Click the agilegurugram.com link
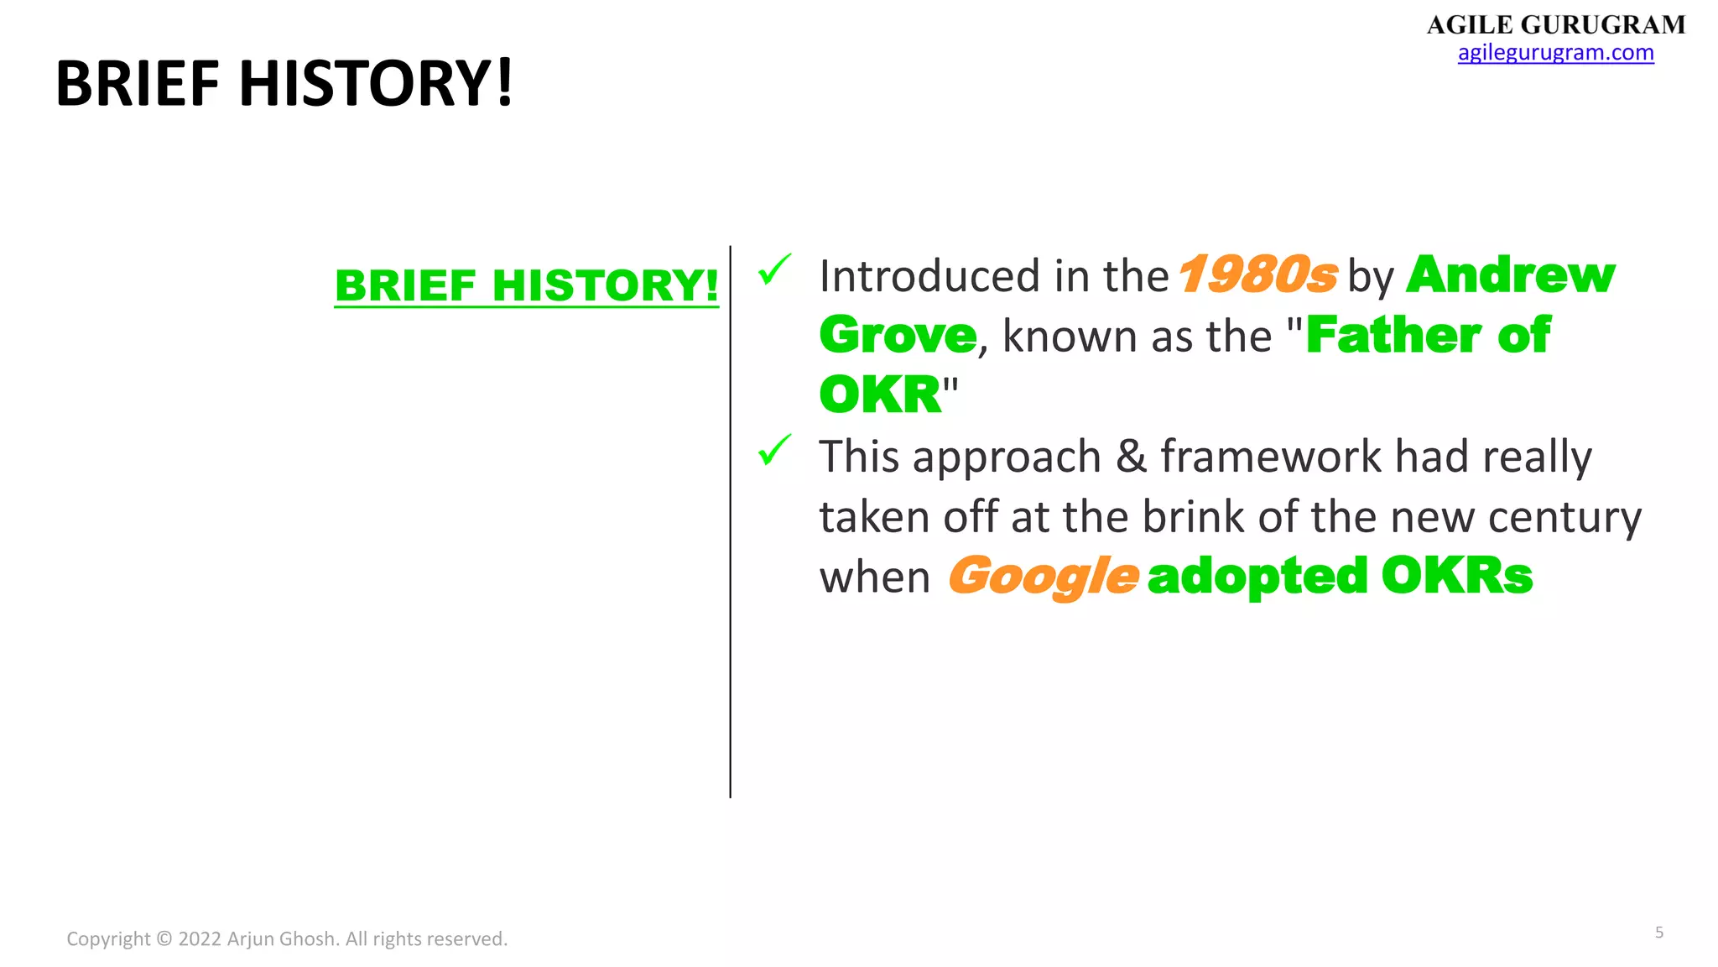(1555, 53)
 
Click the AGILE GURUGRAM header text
(1555, 24)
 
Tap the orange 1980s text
(1257, 275)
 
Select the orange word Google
(1043, 577)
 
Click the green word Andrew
(1510, 275)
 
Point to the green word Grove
(898, 336)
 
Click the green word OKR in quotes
(880, 395)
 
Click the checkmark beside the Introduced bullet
(773, 269)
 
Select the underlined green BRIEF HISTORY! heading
(526, 286)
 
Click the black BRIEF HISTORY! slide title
(284, 83)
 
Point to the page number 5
(1658, 933)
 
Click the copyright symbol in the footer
(164, 939)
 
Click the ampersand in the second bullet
(1131, 457)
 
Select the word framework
(1270, 457)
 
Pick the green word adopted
(1257, 577)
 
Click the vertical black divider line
(730, 520)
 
